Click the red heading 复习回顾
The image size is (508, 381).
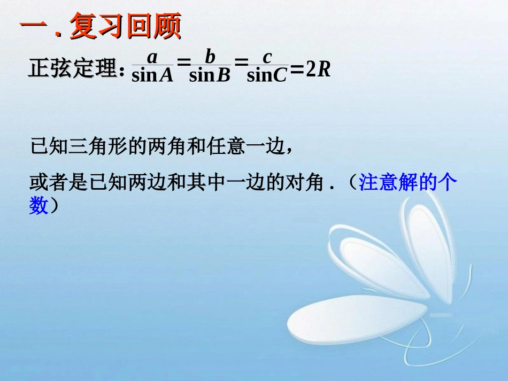coord(125,26)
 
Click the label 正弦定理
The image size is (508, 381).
coord(72,69)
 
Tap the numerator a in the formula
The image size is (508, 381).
coord(152,57)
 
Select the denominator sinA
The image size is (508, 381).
coord(152,75)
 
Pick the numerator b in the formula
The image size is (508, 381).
coord(210,57)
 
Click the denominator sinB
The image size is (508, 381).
coord(210,75)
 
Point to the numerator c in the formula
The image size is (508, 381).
coord(267,57)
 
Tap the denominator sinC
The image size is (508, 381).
coord(267,75)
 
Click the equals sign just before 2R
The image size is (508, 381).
coord(297,69)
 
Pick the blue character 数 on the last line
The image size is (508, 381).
coord(39,206)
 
